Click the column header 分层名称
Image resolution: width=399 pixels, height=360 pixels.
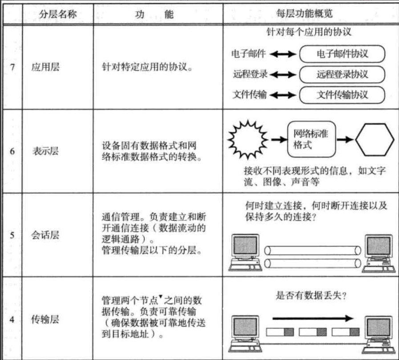tap(58, 14)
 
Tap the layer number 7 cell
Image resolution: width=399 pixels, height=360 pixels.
tap(12, 68)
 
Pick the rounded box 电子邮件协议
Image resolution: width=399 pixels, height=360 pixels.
tap(342, 54)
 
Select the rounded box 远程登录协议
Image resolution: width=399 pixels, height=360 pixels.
tap(342, 74)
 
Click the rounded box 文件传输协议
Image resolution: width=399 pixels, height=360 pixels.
tap(342, 94)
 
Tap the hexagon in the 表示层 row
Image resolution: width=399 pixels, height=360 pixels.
tap(375, 139)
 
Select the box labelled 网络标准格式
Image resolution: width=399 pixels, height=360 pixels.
tap(311, 139)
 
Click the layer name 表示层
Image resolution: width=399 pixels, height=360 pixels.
tap(45, 151)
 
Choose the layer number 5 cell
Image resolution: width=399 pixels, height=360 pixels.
tap(12, 235)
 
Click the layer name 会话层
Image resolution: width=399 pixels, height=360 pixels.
tap(45, 235)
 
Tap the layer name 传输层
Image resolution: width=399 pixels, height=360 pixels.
tap(45, 319)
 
